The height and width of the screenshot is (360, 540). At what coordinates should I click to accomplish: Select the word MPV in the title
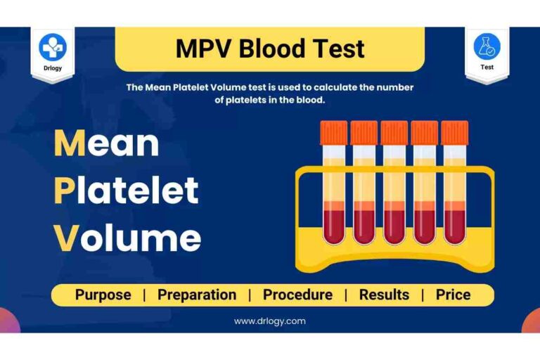(x=204, y=49)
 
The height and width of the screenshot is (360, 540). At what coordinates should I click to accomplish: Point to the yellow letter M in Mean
(x=69, y=144)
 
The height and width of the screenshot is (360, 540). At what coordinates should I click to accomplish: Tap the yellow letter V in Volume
(x=65, y=238)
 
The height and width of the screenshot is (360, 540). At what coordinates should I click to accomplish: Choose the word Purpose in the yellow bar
(x=103, y=295)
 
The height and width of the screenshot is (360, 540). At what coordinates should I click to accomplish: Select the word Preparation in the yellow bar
(x=197, y=295)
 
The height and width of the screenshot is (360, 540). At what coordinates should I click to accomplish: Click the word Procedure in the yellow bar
(x=297, y=295)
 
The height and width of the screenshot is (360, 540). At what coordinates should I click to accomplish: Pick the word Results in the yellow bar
(x=385, y=295)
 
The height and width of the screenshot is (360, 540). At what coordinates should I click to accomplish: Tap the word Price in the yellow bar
(x=453, y=295)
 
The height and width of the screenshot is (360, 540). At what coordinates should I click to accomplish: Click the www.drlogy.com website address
(x=270, y=321)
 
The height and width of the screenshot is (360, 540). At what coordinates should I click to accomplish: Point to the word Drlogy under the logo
(x=53, y=68)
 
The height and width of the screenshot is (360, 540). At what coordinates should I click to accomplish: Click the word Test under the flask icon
(x=487, y=67)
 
